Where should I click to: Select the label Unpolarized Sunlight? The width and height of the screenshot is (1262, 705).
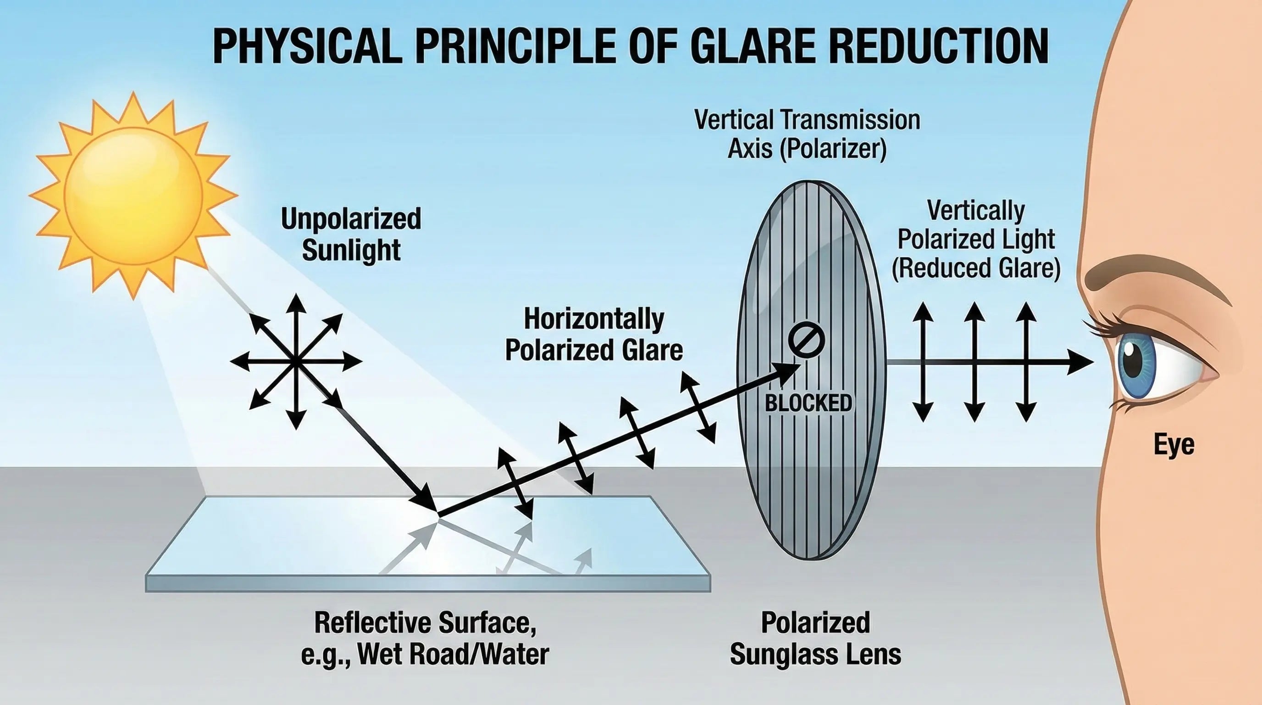[351, 235]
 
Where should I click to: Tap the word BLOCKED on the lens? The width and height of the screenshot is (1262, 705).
[808, 403]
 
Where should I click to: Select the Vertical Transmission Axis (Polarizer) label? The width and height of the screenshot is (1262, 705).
[807, 134]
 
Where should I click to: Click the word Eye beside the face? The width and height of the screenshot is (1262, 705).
[1174, 445]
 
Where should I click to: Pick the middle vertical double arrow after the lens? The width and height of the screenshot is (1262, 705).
[974, 362]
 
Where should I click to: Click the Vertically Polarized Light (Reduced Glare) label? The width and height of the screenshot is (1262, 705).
[975, 240]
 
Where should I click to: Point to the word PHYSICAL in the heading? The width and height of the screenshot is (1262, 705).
[304, 46]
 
